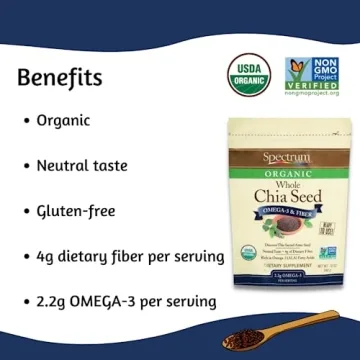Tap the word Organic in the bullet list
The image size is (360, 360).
click(63, 120)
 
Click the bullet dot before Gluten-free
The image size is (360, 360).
click(25, 212)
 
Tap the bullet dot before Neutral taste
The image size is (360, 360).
click(25, 167)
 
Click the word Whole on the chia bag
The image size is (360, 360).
click(288, 182)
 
